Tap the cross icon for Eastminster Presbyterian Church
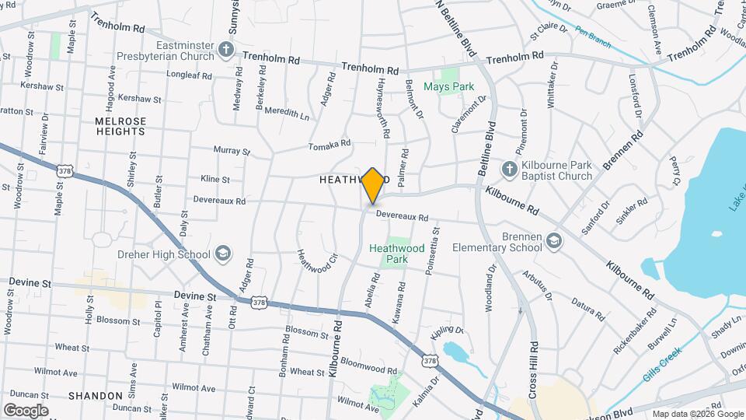coord(225,51)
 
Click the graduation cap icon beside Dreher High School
coord(223,254)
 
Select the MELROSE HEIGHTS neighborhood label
coord(120,127)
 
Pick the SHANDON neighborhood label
coord(96,396)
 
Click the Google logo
coord(26,410)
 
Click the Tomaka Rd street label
coord(329,145)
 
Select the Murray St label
coord(232,151)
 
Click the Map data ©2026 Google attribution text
coord(697,414)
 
